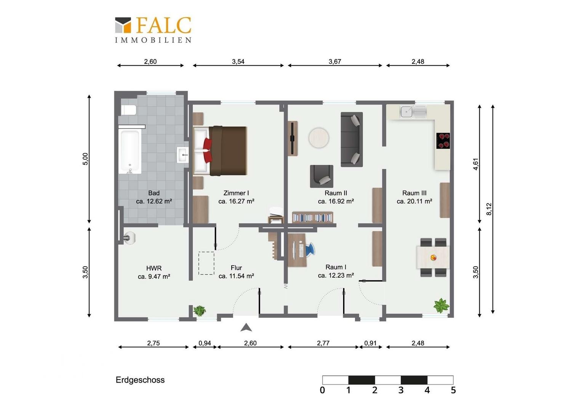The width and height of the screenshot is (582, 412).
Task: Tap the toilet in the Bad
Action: pyautogui.click(x=129, y=110)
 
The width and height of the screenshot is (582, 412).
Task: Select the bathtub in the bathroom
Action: pyautogui.click(x=130, y=151)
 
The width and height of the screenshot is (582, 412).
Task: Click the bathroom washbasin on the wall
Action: pyautogui.click(x=183, y=155)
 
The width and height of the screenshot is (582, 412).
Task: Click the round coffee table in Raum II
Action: pyautogui.click(x=319, y=138)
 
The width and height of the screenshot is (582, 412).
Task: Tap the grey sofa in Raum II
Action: pyautogui.click(x=352, y=140)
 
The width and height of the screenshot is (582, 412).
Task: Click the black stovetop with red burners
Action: pyautogui.click(x=443, y=141)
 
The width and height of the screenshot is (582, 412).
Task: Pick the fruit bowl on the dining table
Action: pyautogui.click(x=433, y=257)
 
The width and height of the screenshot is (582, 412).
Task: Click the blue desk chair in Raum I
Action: pyautogui.click(x=310, y=249)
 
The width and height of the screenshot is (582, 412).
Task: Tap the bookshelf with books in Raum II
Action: pyautogui.click(x=313, y=217)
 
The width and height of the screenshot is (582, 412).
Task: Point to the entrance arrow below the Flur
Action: pyautogui.click(x=246, y=328)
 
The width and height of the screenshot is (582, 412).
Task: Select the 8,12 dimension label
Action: pyautogui.click(x=489, y=209)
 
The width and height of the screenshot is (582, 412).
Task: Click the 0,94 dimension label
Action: pyautogui.click(x=205, y=343)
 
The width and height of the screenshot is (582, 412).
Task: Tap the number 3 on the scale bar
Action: pyautogui.click(x=401, y=390)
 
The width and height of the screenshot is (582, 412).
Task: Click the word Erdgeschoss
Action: pyautogui.click(x=140, y=380)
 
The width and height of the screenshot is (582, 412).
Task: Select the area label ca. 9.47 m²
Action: pyautogui.click(x=154, y=277)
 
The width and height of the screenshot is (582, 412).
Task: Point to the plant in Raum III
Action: pyautogui.click(x=441, y=306)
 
